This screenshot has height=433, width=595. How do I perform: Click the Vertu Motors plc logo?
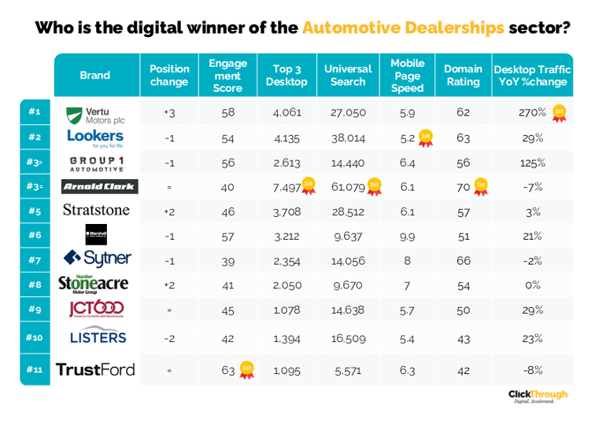tap(95, 114)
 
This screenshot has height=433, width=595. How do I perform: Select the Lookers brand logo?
tap(95, 138)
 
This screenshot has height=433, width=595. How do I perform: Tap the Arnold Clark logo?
tap(100, 186)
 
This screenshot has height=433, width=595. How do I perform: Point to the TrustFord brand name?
tap(95, 369)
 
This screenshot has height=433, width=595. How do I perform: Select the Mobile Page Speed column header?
tap(407, 75)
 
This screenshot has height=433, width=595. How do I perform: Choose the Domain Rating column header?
tap(463, 75)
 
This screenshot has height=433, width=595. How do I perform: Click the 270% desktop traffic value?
tap(532, 112)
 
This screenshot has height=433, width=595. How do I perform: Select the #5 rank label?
tap(34, 211)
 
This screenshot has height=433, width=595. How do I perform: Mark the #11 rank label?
tap(34, 369)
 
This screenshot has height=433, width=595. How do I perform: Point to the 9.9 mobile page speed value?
tap(407, 235)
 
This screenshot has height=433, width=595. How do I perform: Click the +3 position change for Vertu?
tap(169, 113)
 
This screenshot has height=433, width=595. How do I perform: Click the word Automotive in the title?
tap(352, 28)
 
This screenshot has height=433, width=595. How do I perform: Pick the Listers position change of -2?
tap(169, 338)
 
